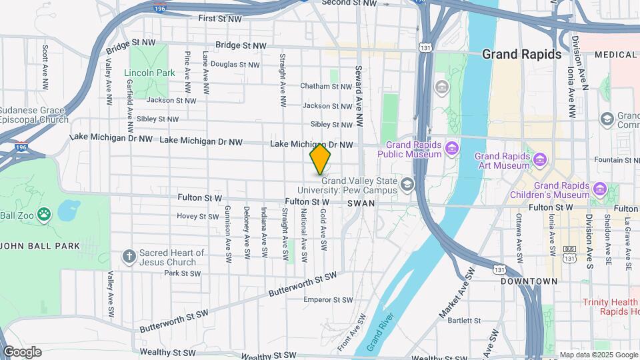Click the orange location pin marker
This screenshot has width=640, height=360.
pyautogui.click(x=320, y=159)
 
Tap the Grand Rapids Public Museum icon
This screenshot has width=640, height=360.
pyautogui.click(x=453, y=147)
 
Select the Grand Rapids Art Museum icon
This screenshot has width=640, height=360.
pyautogui.click(x=539, y=160)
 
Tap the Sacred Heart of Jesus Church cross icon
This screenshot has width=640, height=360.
pyautogui.click(x=130, y=256)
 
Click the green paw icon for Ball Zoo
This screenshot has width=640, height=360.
pyautogui.click(x=44, y=215)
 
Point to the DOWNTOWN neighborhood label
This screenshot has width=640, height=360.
pyautogui.click(x=529, y=281)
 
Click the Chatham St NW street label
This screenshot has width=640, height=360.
pyautogui.click(x=325, y=86)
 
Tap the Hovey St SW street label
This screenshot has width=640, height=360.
pyautogui.click(x=197, y=216)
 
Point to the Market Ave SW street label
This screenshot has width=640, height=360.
pyautogui.click(x=457, y=293)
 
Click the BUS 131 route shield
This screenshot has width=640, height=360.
pyautogui.click(x=569, y=253)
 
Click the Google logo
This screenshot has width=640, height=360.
pyautogui.click(x=22, y=352)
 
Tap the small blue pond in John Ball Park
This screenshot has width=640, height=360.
pyautogui.click(x=69, y=211)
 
